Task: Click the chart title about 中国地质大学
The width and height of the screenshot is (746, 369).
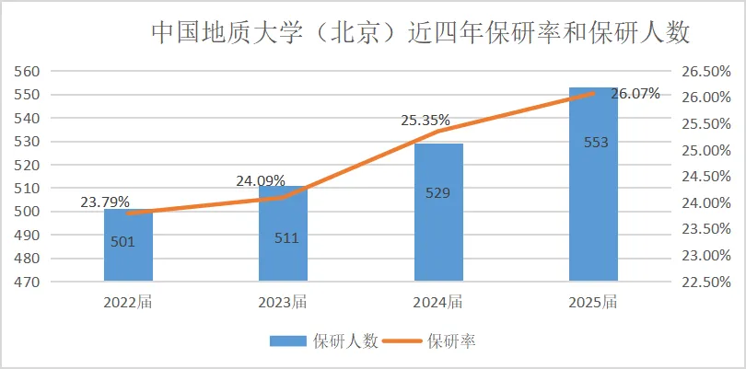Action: pyautogui.click(x=420, y=33)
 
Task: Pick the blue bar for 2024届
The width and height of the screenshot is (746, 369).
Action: pyautogui.click(x=438, y=230)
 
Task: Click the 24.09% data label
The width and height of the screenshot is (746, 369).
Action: pyautogui.click(x=260, y=181)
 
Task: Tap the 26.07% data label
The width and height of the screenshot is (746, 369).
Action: pyautogui.click(x=635, y=93)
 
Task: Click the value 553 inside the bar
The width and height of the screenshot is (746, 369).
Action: pyautogui.click(x=596, y=142)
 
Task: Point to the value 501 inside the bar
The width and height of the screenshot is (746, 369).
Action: pyautogui.click(x=122, y=243)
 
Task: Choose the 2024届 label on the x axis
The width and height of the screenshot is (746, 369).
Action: pyautogui.click(x=438, y=301)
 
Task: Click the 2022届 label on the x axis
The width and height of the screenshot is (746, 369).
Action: pyautogui.click(x=128, y=301)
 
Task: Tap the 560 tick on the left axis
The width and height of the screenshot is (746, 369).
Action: pyautogui.click(x=29, y=72)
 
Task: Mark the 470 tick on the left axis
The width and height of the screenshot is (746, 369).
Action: pyautogui.click(x=29, y=282)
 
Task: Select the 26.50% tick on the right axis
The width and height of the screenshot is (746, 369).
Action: pyautogui.click(x=705, y=72)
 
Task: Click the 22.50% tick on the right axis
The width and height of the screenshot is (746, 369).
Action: pyautogui.click(x=705, y=282)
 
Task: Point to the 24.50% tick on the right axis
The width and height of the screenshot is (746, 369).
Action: pyautogui.click(x=705, y=177)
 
